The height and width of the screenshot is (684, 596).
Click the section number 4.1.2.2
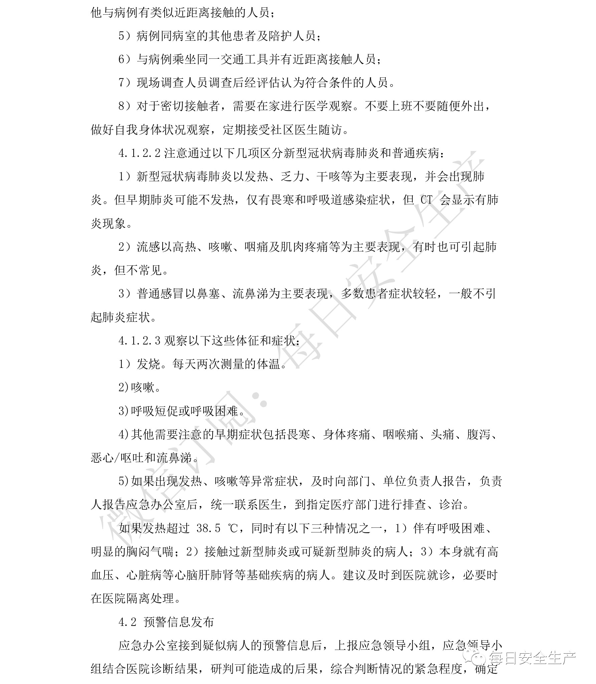click(x=140, y=153)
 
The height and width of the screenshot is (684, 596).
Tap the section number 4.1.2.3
click(x=140, y=340)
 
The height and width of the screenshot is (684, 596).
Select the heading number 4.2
click(x=128, y=622)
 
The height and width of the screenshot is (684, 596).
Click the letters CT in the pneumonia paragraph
click(x=426, y=200)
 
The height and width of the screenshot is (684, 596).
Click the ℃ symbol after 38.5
click(x=232, y=528)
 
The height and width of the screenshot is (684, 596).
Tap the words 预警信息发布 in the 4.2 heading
click(x=178, y=622)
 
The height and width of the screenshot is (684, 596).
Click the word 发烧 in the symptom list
click(x=149, y=364)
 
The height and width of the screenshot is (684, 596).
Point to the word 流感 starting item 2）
click(x=149, y=247)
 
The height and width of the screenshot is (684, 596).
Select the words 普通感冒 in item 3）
click(x=161, y=294)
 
